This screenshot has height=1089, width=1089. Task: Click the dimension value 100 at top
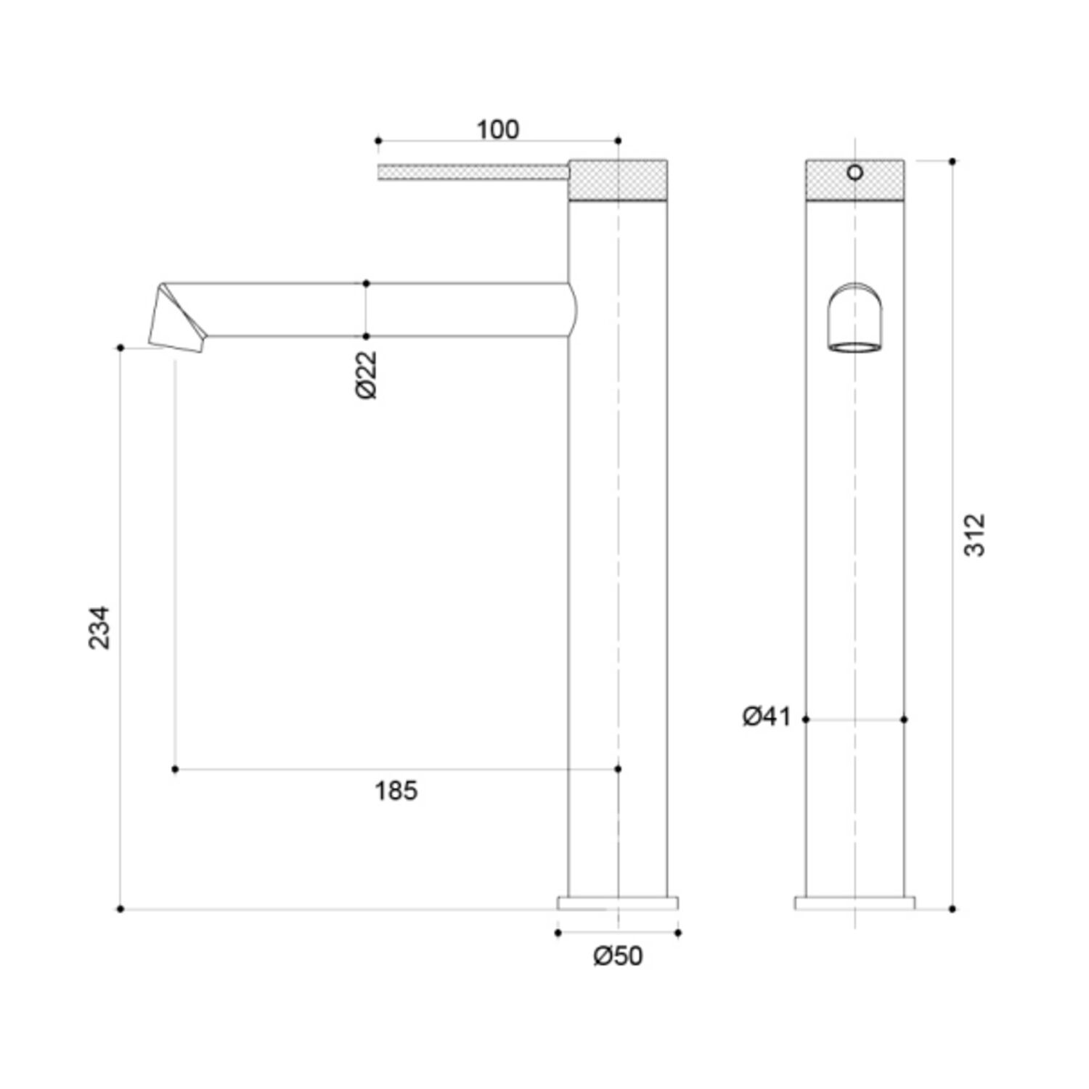pyautogui.click(x=498, y=130)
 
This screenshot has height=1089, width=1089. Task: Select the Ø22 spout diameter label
pyautogui.click(x=367, y=375)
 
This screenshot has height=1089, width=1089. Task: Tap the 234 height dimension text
pyautogui.click(x=99, y=627)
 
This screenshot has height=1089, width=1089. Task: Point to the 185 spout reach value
pyautogui.click(x=396, y=791)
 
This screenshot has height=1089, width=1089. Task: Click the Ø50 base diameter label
pyautogui.click(x=618, y=956)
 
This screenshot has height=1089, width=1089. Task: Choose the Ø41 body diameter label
pyautogui.click(x=766, y=717)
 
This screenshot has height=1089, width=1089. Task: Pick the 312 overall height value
pyautogui.click(x=975, y=535)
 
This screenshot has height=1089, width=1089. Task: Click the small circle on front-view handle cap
pyautogui.click(x=855, y=172)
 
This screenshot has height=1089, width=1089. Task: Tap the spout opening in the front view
pyautogui.click(x=856, y=346)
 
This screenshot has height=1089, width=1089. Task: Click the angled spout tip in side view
pyautogui.click(x=176, y=320)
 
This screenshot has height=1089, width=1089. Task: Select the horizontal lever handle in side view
pyautogui.click(x=472, y=172)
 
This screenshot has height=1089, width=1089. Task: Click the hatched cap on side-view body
pyautogui.click(x=618, y=180)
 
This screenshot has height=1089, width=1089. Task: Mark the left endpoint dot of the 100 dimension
pyautogui.click(x=378, y=140)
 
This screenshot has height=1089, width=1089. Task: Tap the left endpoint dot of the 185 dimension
pyautogui.click(x=175, y=769)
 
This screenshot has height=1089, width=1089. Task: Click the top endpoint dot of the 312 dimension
pyautogui.click(x=953, y=161)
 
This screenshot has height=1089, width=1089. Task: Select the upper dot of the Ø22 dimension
pyautogui.click(x=366, y=283)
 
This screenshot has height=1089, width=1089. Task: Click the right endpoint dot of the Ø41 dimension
pyautogui.click(x=904, y=719)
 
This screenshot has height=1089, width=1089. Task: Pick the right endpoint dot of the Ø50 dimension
pyautogui.click(x=678, y=933)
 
